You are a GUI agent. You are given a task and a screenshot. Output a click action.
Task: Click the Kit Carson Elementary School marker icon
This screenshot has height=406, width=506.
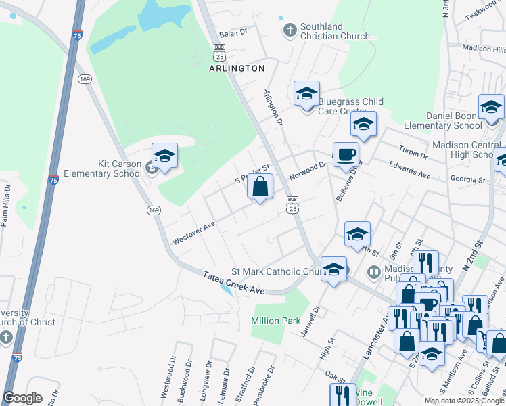point(164,157)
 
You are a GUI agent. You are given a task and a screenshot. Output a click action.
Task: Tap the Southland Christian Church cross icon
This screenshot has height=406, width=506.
point(290,30)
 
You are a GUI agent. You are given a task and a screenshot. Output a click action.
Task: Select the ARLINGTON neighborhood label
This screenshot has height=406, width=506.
point(237,68)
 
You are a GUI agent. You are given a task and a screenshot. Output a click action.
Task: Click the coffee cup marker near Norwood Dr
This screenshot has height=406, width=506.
point(346,154)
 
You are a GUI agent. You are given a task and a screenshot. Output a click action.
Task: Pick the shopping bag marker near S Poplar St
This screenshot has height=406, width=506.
point(260,186)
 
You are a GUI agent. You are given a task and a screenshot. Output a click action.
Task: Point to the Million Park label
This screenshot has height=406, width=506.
point(275,321)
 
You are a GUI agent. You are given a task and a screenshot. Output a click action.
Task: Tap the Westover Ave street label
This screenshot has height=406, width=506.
point(193,231)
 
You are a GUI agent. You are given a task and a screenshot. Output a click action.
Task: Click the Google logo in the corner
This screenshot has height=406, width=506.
point(22,398)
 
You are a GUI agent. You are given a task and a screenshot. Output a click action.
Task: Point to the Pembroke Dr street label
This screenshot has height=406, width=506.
point(270,382)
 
